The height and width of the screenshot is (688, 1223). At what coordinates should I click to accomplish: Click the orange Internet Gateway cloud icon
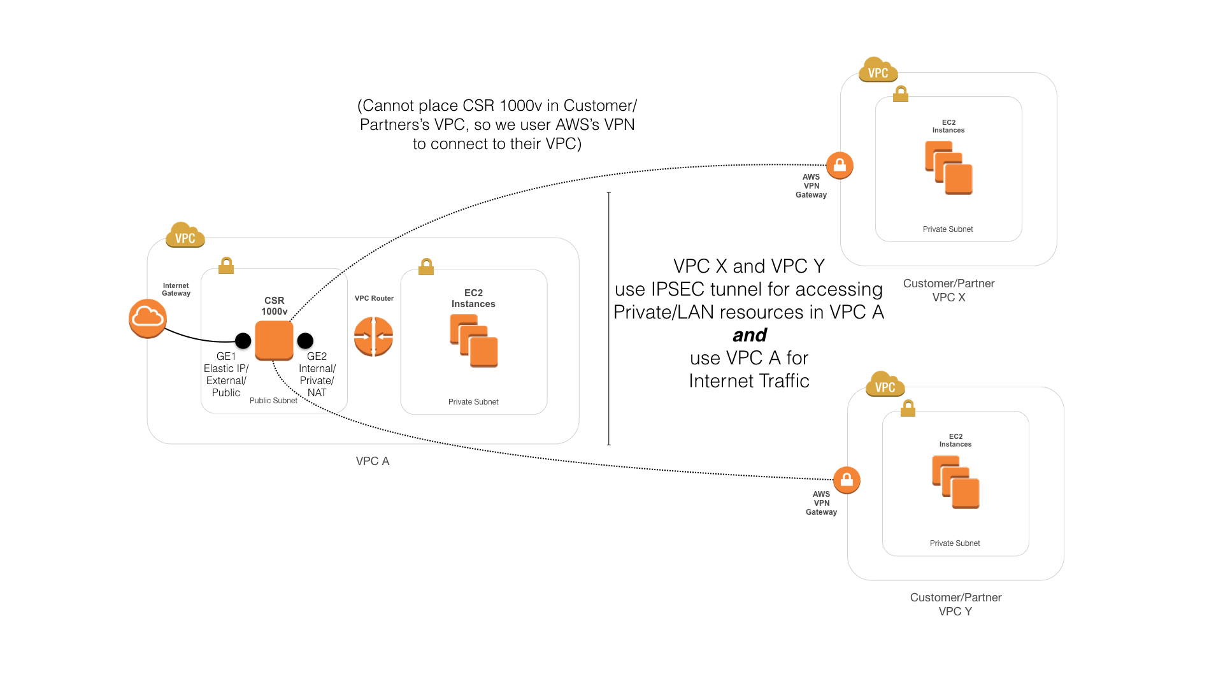coord(148,318)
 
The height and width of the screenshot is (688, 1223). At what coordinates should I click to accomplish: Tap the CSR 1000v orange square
coord(274,340)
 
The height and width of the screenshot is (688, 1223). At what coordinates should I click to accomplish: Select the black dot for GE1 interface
coord(243,341)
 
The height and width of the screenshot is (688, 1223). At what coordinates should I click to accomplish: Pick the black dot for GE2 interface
coord(305,341)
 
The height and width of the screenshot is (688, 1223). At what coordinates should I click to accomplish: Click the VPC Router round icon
coord(373,336)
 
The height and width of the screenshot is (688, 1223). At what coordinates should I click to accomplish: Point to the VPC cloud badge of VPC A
coord(185,236)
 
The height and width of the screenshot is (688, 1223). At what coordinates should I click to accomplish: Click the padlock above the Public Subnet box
coord(226,265)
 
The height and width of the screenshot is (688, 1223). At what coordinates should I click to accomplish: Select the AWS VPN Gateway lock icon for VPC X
coord(840,166)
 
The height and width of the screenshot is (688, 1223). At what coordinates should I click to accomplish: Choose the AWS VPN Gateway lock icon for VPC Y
coord(847,480)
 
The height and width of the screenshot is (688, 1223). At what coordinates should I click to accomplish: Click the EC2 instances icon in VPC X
coord(948,168)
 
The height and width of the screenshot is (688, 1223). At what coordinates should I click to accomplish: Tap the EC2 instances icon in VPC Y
coord(955,482)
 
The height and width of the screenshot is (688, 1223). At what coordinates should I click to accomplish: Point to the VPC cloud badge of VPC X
coord(878,71)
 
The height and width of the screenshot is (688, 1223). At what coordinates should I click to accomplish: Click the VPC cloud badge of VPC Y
coord(885,385)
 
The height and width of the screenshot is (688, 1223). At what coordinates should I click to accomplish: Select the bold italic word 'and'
coord(749,335)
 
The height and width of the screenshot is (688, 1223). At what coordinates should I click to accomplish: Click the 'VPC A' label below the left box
coord(373,461)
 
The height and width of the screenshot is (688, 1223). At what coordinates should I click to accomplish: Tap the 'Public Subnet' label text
coord(273,401)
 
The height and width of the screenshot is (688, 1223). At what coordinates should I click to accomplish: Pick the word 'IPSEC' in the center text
coord(678,289)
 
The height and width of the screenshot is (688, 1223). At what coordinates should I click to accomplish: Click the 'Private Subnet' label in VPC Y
coord(955,543)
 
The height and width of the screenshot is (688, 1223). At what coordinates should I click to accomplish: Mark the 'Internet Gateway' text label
coord(176,290)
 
